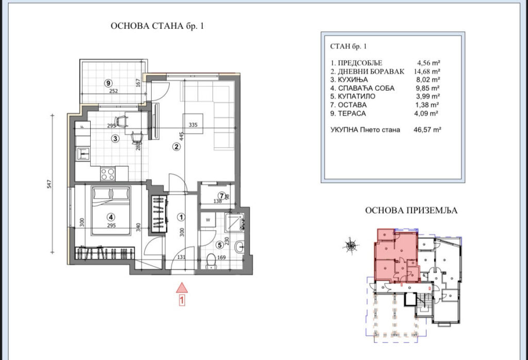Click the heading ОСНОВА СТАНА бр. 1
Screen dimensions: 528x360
click(157, 26)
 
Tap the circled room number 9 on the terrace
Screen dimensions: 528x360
click(108, 83)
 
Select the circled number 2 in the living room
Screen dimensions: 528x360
click(176, 146)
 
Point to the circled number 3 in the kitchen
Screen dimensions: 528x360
click(115, 138)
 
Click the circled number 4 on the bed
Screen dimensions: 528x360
click(111, 217)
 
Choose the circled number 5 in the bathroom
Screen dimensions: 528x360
click(220, 245)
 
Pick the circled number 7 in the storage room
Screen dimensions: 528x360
click(222, 195)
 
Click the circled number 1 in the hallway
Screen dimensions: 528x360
click(181, 217)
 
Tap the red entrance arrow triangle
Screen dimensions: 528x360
click(181, 288)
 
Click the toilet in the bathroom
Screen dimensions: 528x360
click(211, 261)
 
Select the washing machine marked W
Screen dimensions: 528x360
click(208, 220)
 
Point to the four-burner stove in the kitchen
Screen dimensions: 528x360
click(108, 174)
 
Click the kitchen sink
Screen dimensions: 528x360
click(83, 154)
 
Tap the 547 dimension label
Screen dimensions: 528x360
click(49, 184)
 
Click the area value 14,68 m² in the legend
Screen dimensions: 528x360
click(427, 71)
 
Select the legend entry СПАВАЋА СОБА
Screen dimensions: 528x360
click(366, 88)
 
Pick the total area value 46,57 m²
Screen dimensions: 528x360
click(427, 129)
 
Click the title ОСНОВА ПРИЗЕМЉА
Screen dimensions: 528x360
click(411, 210)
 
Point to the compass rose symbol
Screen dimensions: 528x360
click(351, 246)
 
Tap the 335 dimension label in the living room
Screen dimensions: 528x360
click(193, 125)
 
